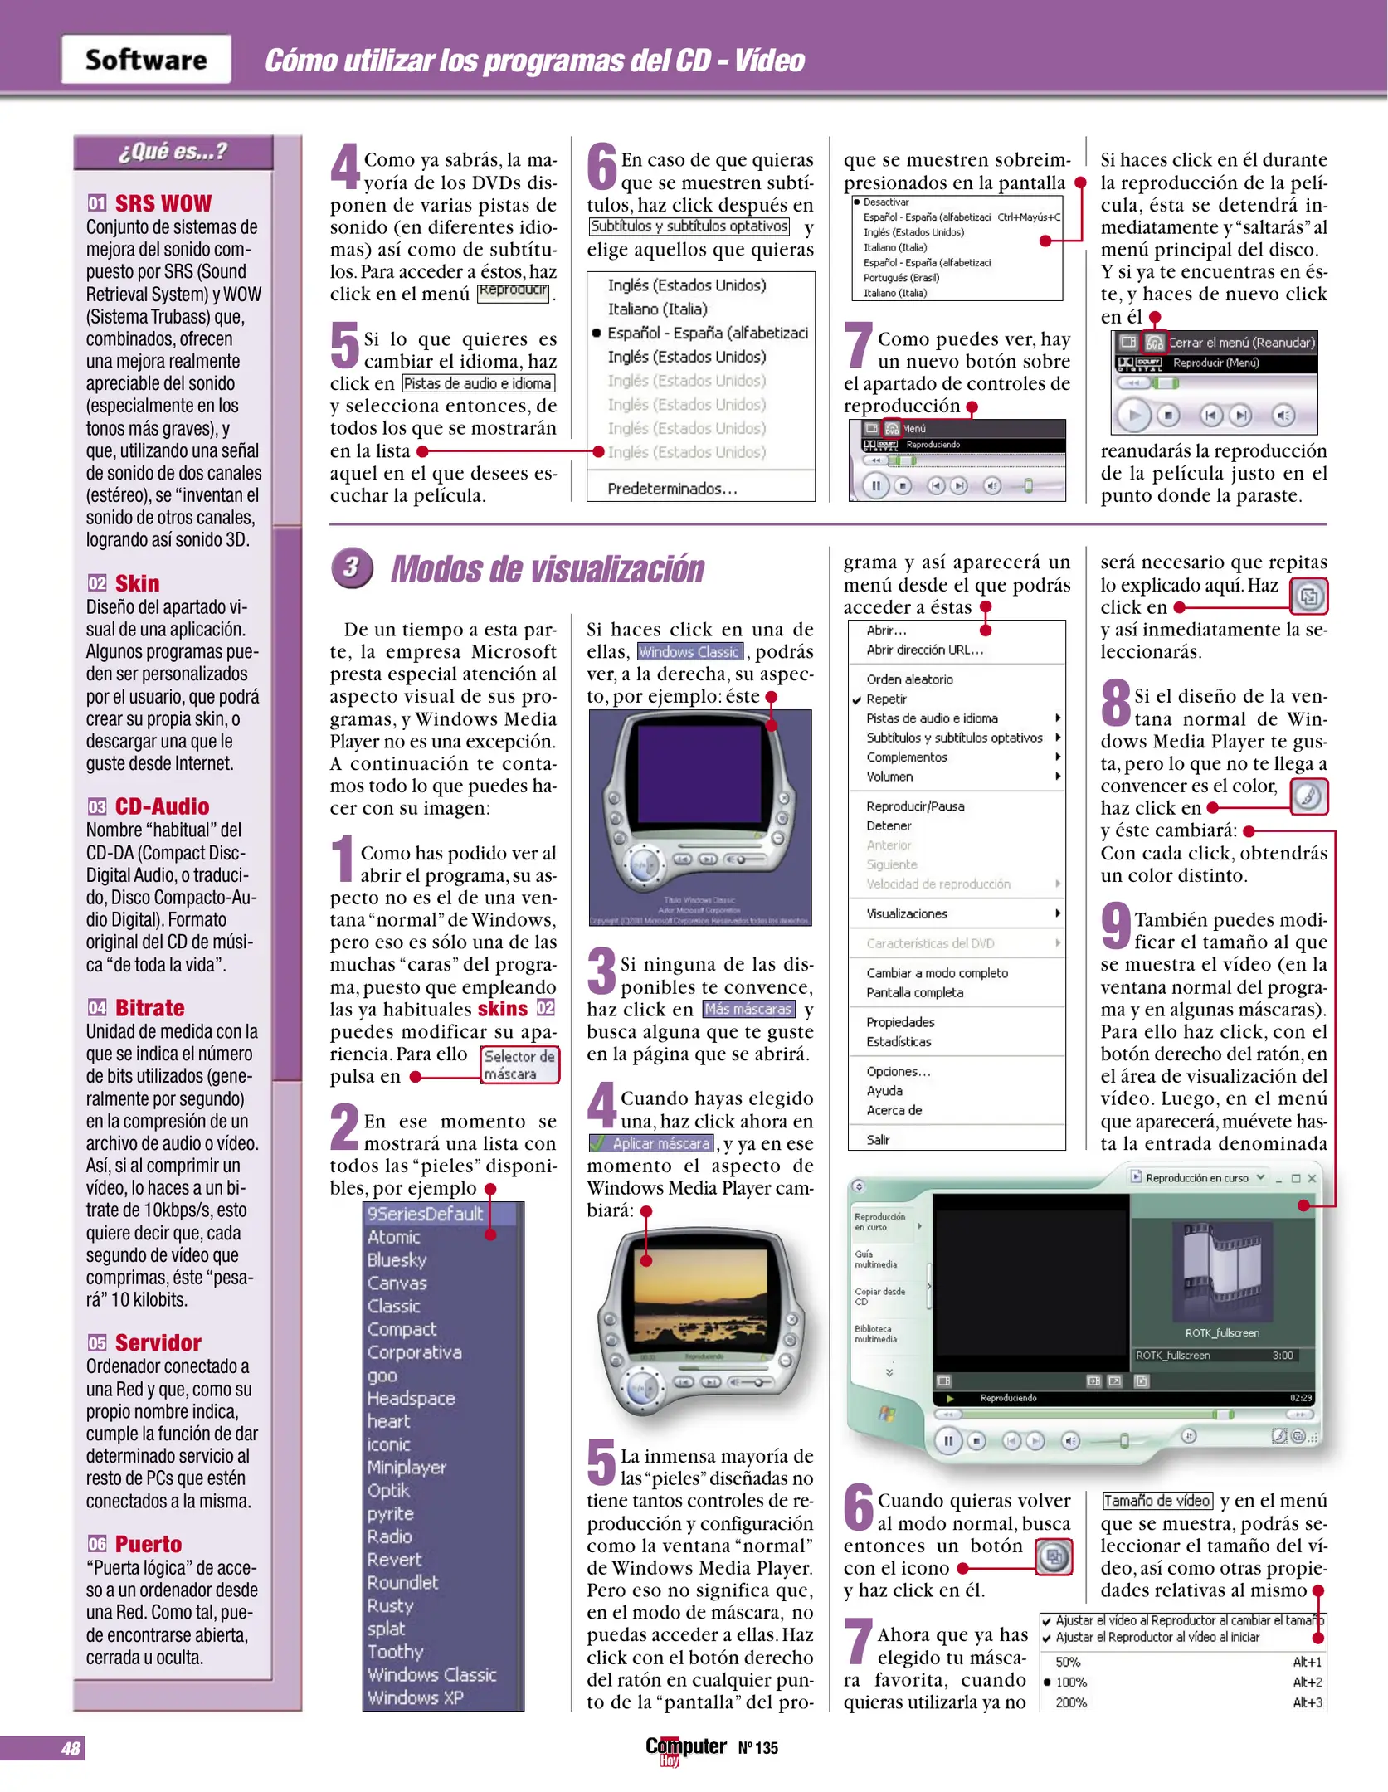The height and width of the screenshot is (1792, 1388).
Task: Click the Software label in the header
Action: [x=146, y=60]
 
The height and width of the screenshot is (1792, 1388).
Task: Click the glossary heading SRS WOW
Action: [x=163, y=203]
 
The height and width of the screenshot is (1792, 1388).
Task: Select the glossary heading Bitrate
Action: [x=149, y=1007]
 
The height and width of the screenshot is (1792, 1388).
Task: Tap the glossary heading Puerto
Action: [x=148, y=1544]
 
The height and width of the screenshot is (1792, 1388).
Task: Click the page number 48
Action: [x=71, y=1749]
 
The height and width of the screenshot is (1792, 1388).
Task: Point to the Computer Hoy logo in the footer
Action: [x=685, y=1750]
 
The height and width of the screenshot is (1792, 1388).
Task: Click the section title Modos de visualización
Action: [x=547, y=569]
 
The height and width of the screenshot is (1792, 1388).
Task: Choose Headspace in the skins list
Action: [x=412, y=1398]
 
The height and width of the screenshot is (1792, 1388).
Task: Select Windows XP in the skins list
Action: [x=416, y=1697]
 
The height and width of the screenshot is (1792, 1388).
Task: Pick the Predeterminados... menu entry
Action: [x=672, y=489]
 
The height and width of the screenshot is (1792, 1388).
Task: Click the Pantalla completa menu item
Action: [x=914, y=992]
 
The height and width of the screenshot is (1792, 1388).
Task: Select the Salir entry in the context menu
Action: [x=878, y=1140]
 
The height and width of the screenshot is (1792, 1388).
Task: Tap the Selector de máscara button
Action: [x=519, y=1064]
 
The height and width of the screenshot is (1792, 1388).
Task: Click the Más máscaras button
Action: [x=748, y=1009]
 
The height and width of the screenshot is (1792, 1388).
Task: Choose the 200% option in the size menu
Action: [x=1071, y=1702]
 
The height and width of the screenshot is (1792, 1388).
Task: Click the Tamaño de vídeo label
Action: [x=1157, y=1501]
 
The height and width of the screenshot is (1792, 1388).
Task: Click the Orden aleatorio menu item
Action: [x=909, y=679]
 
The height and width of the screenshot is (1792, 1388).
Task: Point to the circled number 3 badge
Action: [x=352, y=567]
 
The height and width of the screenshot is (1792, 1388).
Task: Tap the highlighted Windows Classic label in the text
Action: [x=689, y=652]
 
